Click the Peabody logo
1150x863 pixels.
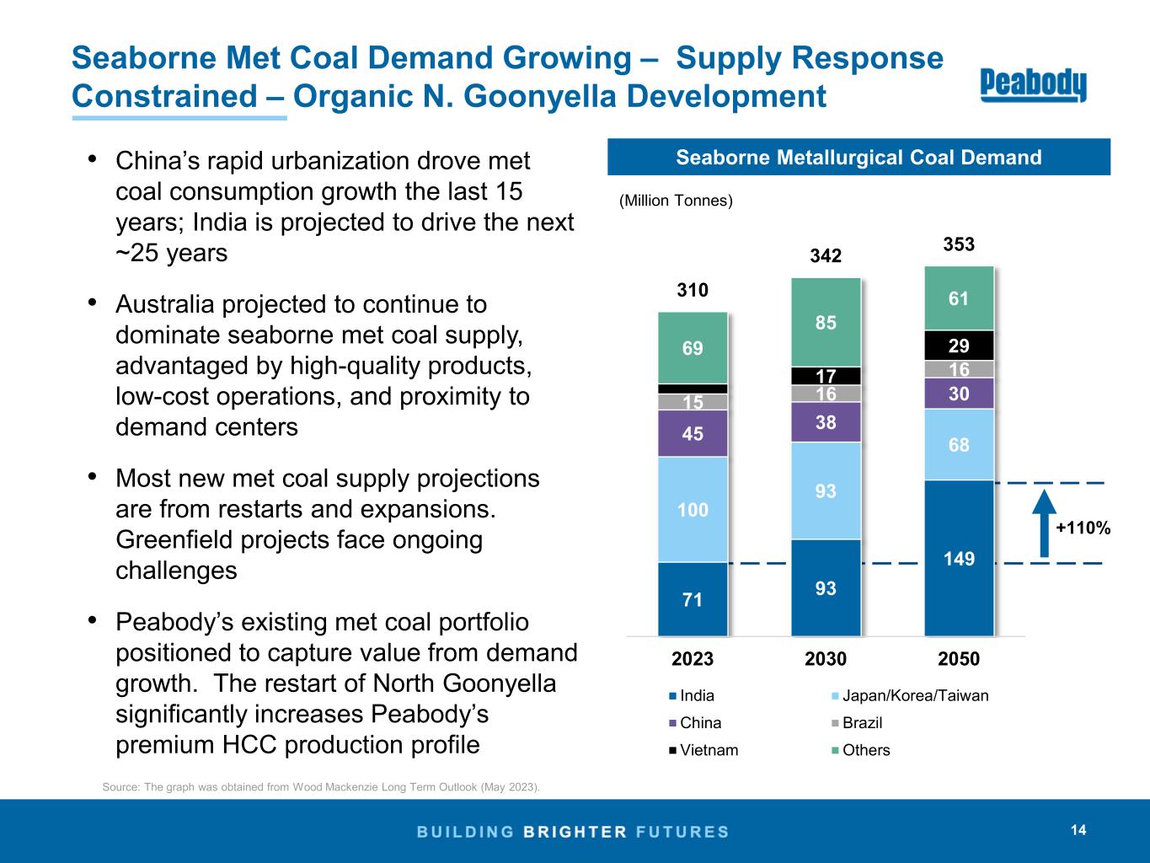pos(1033,84)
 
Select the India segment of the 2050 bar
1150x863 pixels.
pos(959,558)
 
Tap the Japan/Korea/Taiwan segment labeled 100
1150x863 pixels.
pos(693,509)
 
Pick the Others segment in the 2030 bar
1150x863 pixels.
pos(826,322)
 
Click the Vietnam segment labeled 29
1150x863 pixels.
pos(959,346)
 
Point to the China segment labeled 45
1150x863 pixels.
pos(693,433)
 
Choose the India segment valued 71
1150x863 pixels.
pos(693,599)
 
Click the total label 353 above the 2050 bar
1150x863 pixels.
pos(959,244)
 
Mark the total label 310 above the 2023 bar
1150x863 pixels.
pos(693,291)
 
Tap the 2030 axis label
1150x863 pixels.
pos(826,659)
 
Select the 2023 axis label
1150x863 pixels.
pos(693,659)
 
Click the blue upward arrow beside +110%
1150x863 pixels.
pos(1044,523)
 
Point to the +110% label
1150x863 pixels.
pos(1083,528)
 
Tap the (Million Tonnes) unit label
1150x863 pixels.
pos(676,201)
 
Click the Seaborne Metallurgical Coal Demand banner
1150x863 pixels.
pos(858,158)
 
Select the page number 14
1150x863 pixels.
pos(1078,830)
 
